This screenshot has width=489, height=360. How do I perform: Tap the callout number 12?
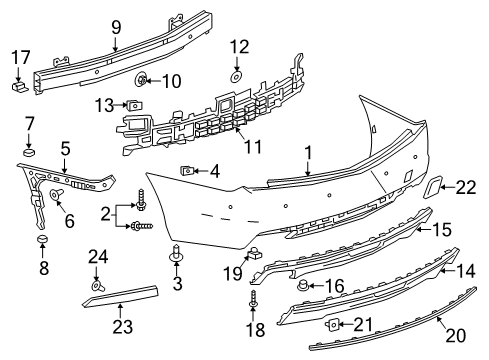click(x=238, y=46)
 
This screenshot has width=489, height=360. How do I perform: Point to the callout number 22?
click(x=466, y=186)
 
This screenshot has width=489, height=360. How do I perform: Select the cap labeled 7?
click(x=29, y=153)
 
